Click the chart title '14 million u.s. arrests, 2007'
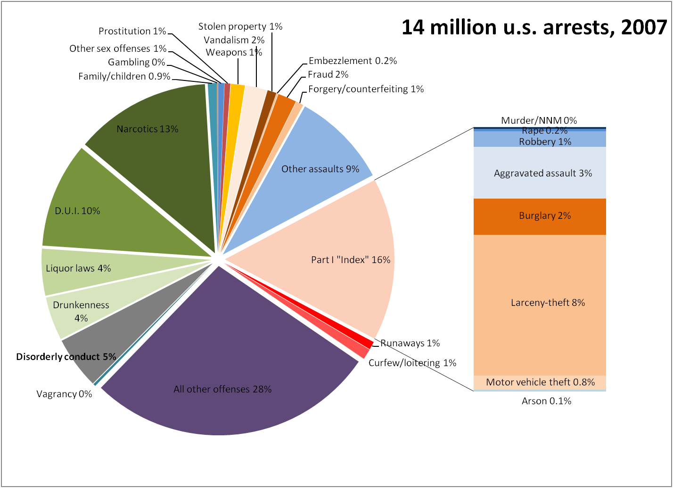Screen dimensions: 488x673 click(x=534, y=27)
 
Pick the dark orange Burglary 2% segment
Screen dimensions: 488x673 click(x=540, y=216)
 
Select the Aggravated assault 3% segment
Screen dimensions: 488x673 click(x=540, y=173)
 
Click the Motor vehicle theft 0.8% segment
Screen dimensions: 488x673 click(x=540, y=382)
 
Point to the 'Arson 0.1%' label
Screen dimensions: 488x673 click(x=546, y=401)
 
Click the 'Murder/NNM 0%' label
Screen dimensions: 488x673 click(x=539, y=120)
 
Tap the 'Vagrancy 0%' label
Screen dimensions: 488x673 click(x=64, y=394)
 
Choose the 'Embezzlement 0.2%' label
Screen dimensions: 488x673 click(x=353, y=61)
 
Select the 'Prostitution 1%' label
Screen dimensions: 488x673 click(x=132, y=31)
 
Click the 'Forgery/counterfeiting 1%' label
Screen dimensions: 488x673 click(x=366, y=89)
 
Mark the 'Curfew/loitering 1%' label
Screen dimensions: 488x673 click(x=412, y=363)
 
